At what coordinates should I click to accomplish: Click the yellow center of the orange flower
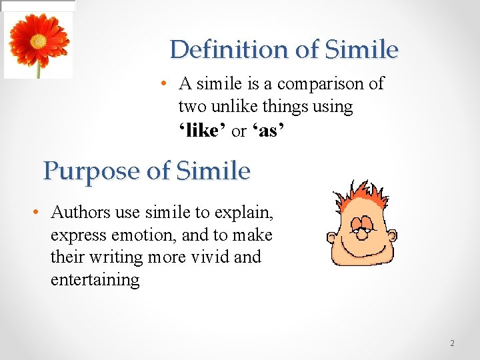[x=38, y=41]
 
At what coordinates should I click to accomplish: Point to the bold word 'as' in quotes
[x=269, y=131]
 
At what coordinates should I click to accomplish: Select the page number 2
[x=452, y=343]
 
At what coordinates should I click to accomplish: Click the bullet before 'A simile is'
[x=163, y=84]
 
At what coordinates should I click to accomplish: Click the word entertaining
[x=95, y=279]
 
